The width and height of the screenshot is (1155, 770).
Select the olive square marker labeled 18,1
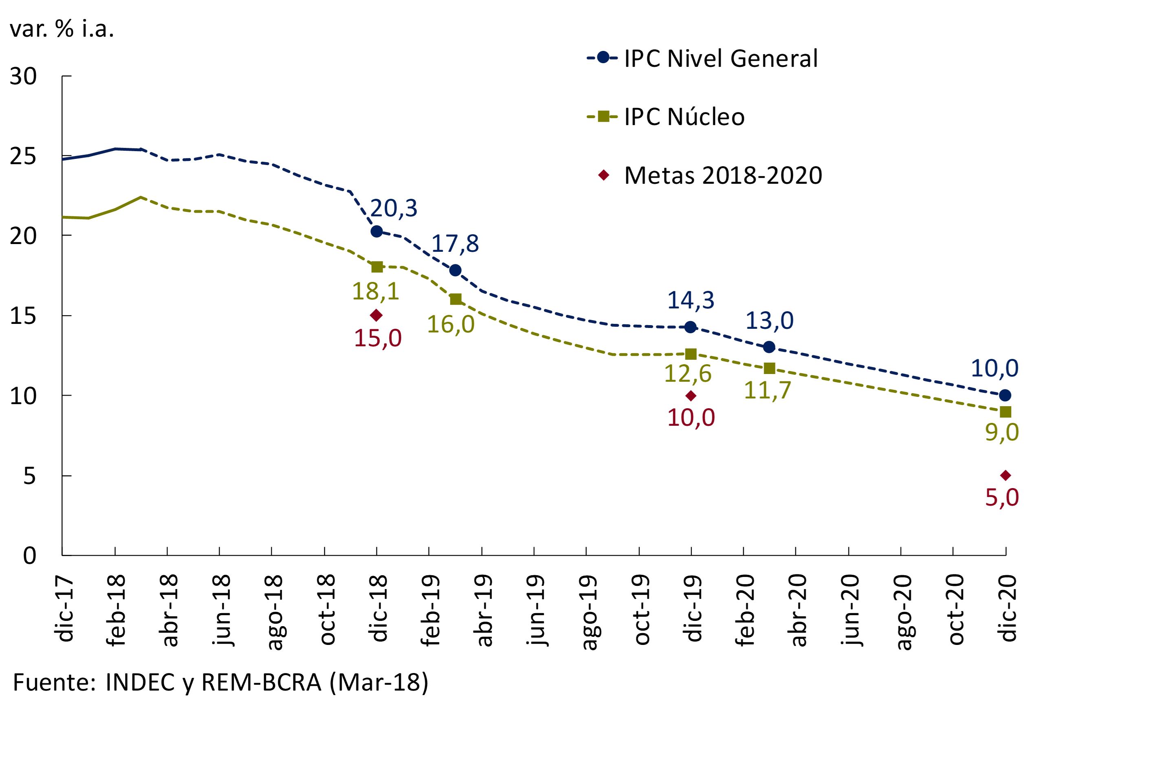coord(377,267)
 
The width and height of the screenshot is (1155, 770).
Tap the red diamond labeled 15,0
coord(376,315)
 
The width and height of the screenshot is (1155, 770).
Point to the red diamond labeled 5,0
coord(1005,475)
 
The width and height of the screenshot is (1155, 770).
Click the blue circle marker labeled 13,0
coord(769,347)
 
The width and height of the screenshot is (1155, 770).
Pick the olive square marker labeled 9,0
coord(1005,411)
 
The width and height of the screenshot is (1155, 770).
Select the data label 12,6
coord(688,374)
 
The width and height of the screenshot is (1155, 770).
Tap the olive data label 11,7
coord(767,390)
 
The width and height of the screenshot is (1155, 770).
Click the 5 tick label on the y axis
coord(29,476)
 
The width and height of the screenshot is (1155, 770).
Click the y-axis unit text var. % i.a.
coord(62,29)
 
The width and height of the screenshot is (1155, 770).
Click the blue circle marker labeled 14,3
coord(691,327)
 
